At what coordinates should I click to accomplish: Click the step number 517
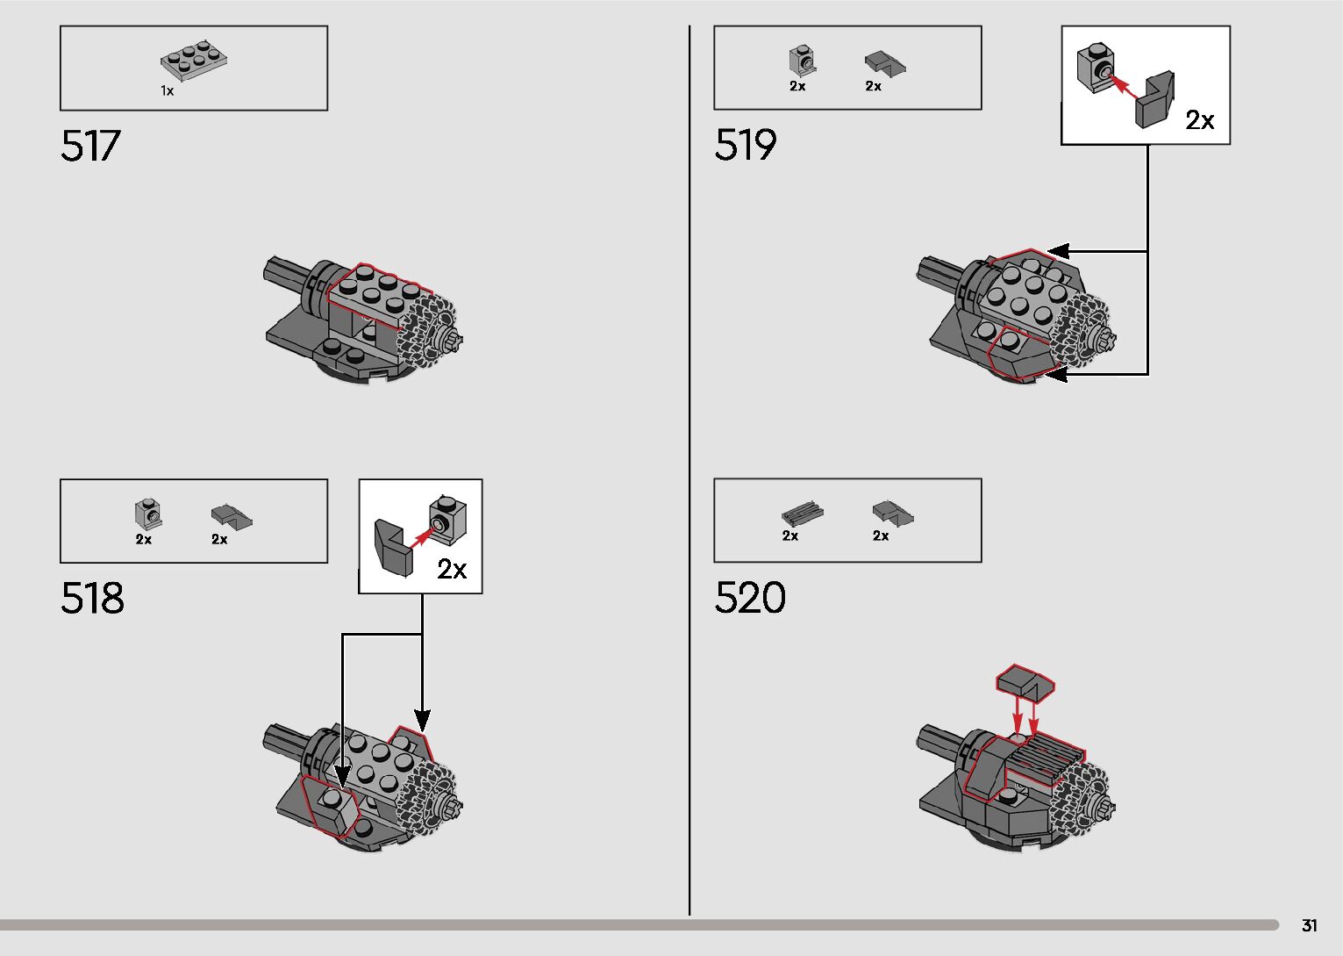[x=90, y=146]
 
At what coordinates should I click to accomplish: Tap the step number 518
[x=92, y=599]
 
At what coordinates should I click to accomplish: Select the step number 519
[x=746, y=145]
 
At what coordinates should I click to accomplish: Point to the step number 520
[x=750, y=598]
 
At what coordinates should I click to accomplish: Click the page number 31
[x=1309, y=925]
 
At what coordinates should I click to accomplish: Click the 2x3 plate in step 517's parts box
[x=194, y=59]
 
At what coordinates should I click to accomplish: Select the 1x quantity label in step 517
[x=167, y=90]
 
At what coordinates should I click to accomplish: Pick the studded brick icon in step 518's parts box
[x=147, y=514]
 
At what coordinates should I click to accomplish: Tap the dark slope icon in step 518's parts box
[x=231, y=515]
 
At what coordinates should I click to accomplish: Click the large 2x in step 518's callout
[x=452, y=570]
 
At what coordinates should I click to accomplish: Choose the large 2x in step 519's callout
[x=1199, y=120]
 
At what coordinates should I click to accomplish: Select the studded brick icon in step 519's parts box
[x=802, y=61]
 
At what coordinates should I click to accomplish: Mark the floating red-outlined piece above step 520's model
[x=1025, y=682]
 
